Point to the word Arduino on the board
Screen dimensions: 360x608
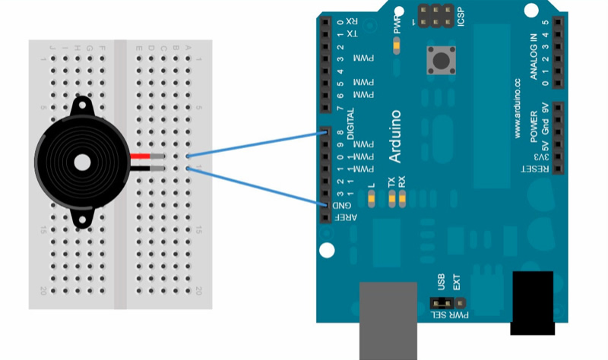395,136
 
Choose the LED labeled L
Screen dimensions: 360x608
371,199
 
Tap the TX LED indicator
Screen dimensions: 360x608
392,199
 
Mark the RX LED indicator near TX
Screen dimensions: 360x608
402,199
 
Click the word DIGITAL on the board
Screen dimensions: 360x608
350,122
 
